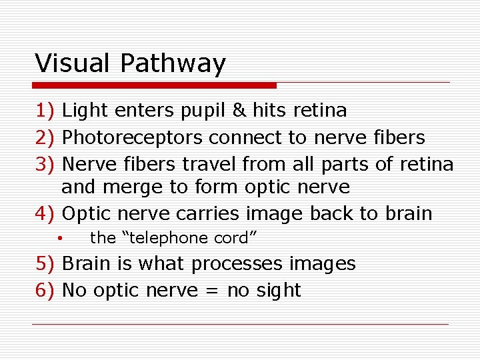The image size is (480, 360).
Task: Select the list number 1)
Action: pyautogui.click(x=46, y=110)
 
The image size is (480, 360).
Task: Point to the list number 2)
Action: pyautogui.click(x=46, y=137)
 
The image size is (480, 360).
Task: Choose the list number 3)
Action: pyautogui.click(x=46, y=164)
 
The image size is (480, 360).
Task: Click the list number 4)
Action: pyautogui.click(x=46, y=214)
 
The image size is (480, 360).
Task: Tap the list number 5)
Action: pyautogui.click(x=46, y=263)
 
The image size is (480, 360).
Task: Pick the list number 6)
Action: pyautogui.click(x=46, y=290)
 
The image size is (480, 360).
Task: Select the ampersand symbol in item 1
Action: pyautogui.click(x=238, y=110)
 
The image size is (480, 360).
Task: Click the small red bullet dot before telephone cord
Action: pyautogui.click(x=59, y=238)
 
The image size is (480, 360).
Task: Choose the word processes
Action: pyautogui.click(x=237, y=265)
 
